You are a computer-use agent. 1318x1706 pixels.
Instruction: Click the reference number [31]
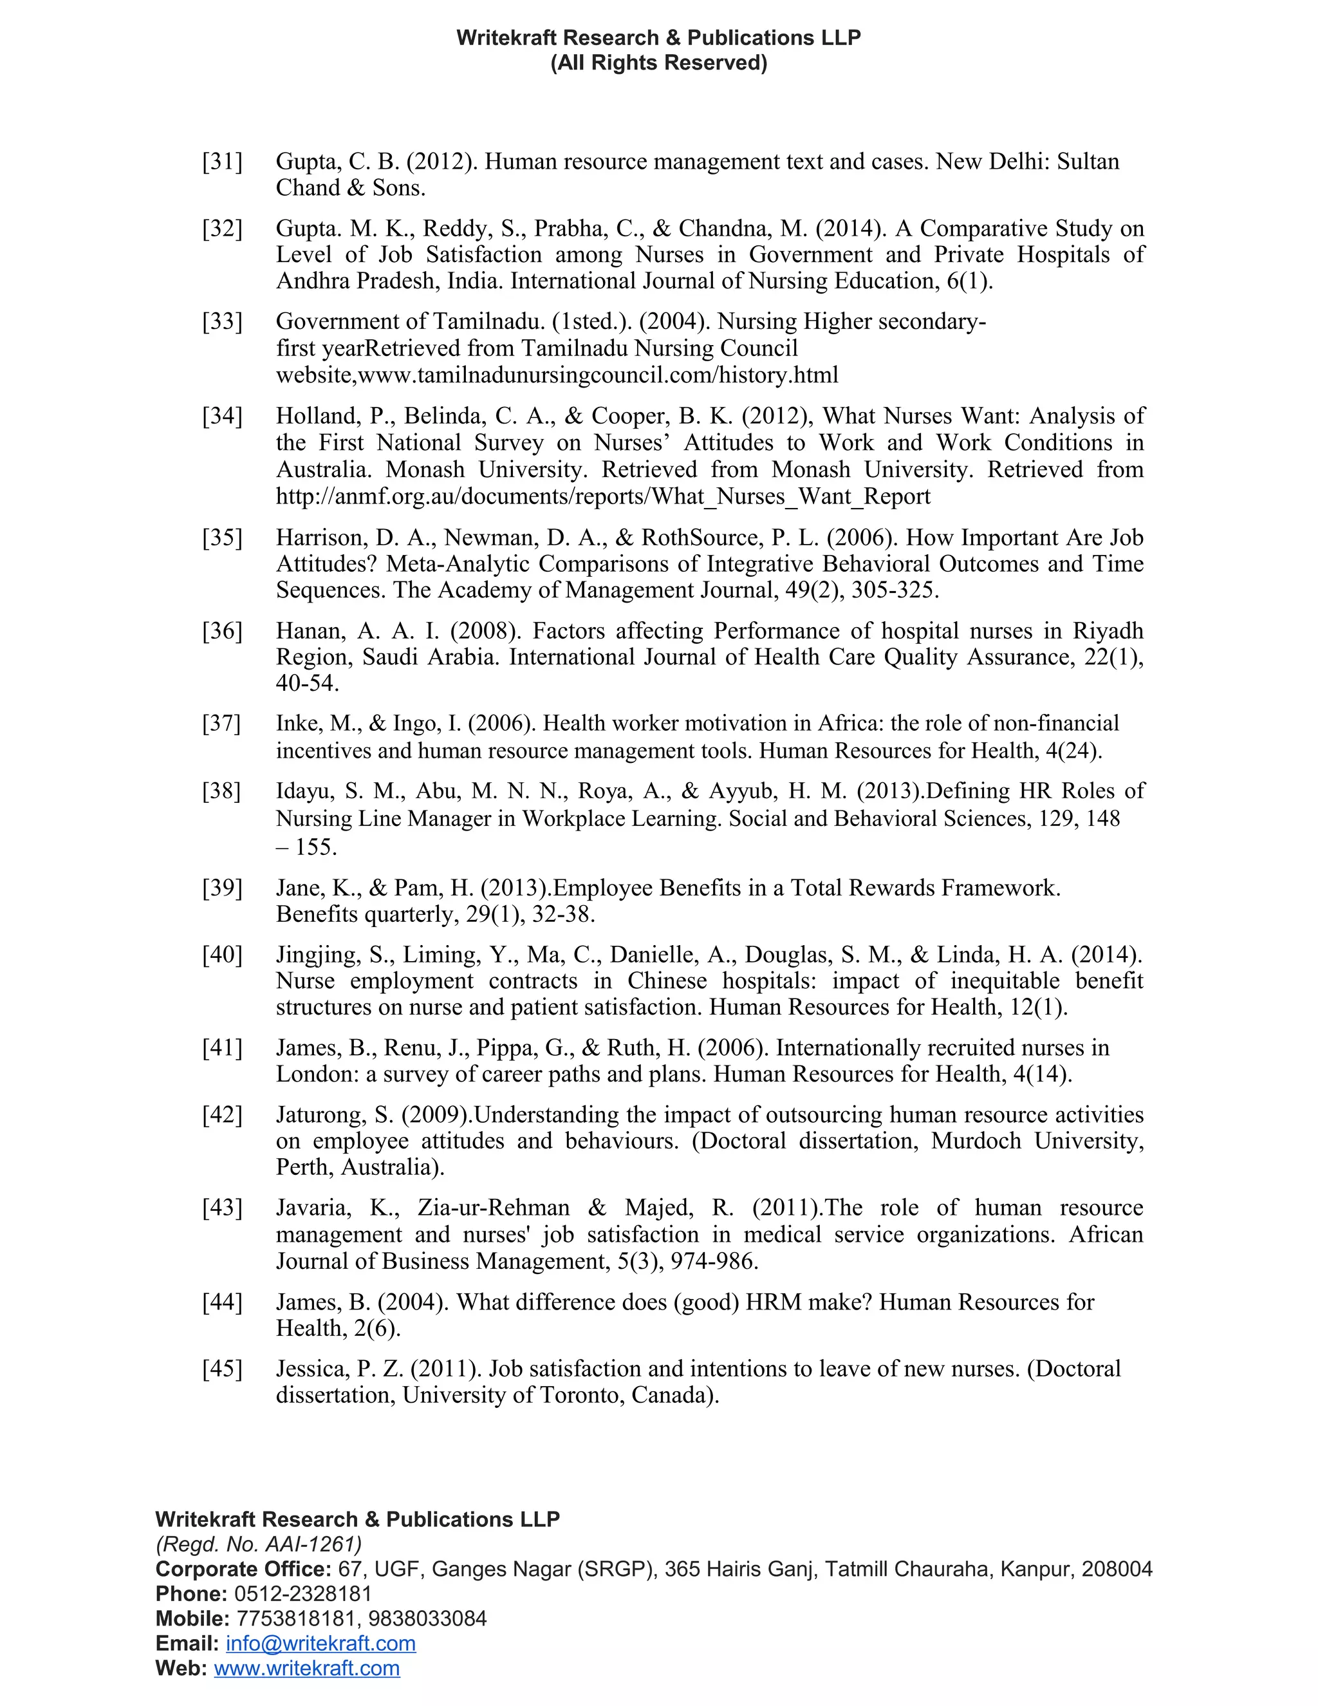[x=223, y=162]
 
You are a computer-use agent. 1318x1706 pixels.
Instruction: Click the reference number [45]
[x=223, y=1369]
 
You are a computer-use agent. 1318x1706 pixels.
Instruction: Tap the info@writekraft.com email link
[x=320, y=1643]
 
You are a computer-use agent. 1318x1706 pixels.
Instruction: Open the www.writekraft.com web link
[x=307, y=1668]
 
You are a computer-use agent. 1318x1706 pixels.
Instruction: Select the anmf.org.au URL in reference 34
[x=603, y=497]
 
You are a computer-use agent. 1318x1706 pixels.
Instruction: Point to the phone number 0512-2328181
[x=303, y=1593]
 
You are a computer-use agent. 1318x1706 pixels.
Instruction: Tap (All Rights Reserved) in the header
[x=659, y=62]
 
